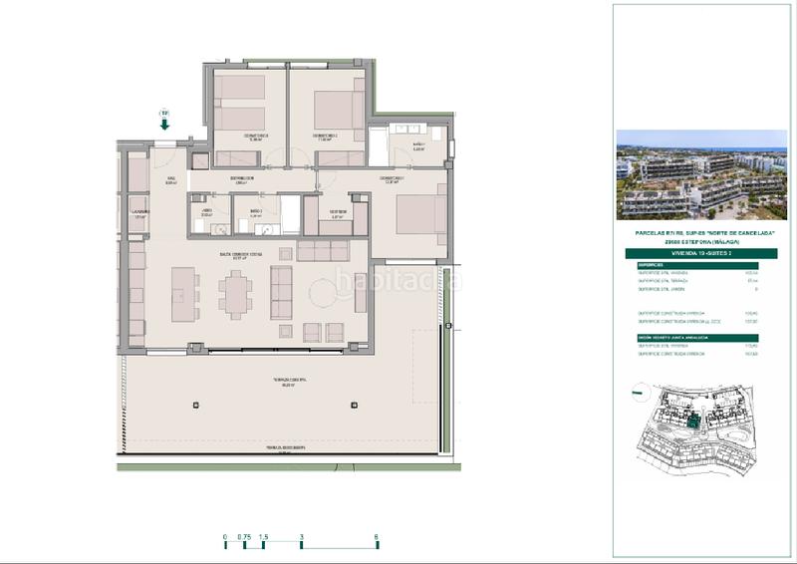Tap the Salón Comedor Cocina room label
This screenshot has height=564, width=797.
click(242, 255)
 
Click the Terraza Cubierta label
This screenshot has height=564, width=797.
click(289, 382)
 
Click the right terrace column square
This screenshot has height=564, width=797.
click(354, 407)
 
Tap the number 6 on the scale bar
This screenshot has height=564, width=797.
click(377, 538)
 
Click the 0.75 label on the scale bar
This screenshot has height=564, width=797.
click(244, 538)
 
